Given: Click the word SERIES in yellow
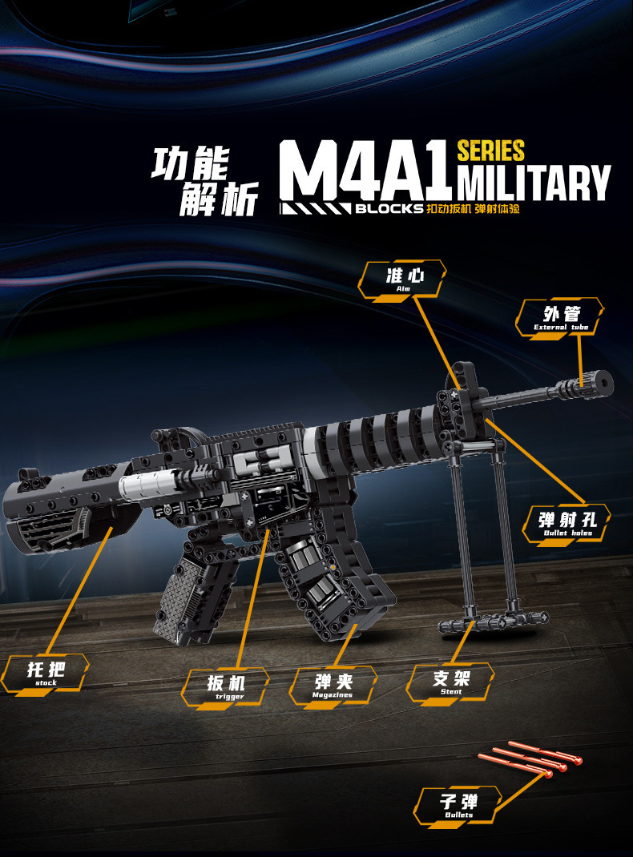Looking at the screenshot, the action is click(490, 151).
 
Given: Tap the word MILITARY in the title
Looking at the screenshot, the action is click(534, 183).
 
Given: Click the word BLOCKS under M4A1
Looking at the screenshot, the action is click(389, 208).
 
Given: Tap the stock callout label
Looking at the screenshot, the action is click(46, 673).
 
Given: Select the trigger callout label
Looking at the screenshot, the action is click(224, 687).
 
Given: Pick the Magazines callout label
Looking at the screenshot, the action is click(333, 686).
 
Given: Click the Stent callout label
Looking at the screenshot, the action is click(450, 682).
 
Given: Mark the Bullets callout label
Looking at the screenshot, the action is click(459, 803).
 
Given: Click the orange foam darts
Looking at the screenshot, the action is click(529, 760).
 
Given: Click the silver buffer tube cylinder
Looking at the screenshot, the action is click(146, 484).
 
